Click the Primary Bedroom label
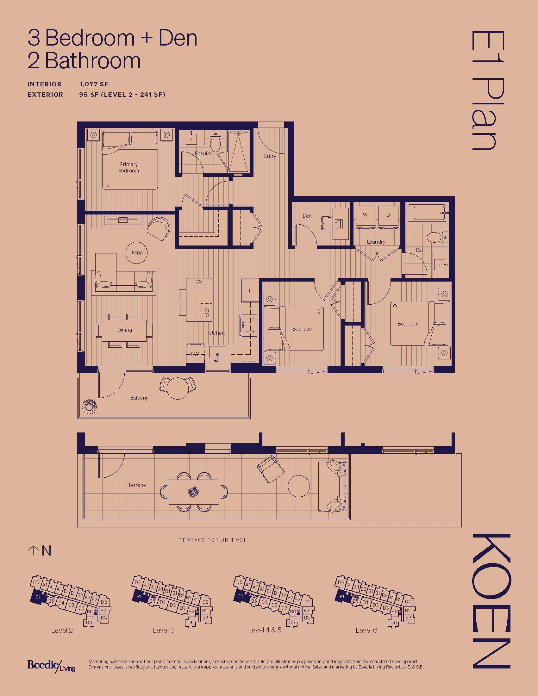point(129,167)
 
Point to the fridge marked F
point(250,290)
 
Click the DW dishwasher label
point(195,354)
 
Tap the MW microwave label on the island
point(207,312)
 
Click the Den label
point(307,216)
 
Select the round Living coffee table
point(136,252)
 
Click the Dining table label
point(124,330)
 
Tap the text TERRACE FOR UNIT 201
point(212,540)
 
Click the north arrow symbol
point(32,551)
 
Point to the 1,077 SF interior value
point(94,84)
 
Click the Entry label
point(270,156)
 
